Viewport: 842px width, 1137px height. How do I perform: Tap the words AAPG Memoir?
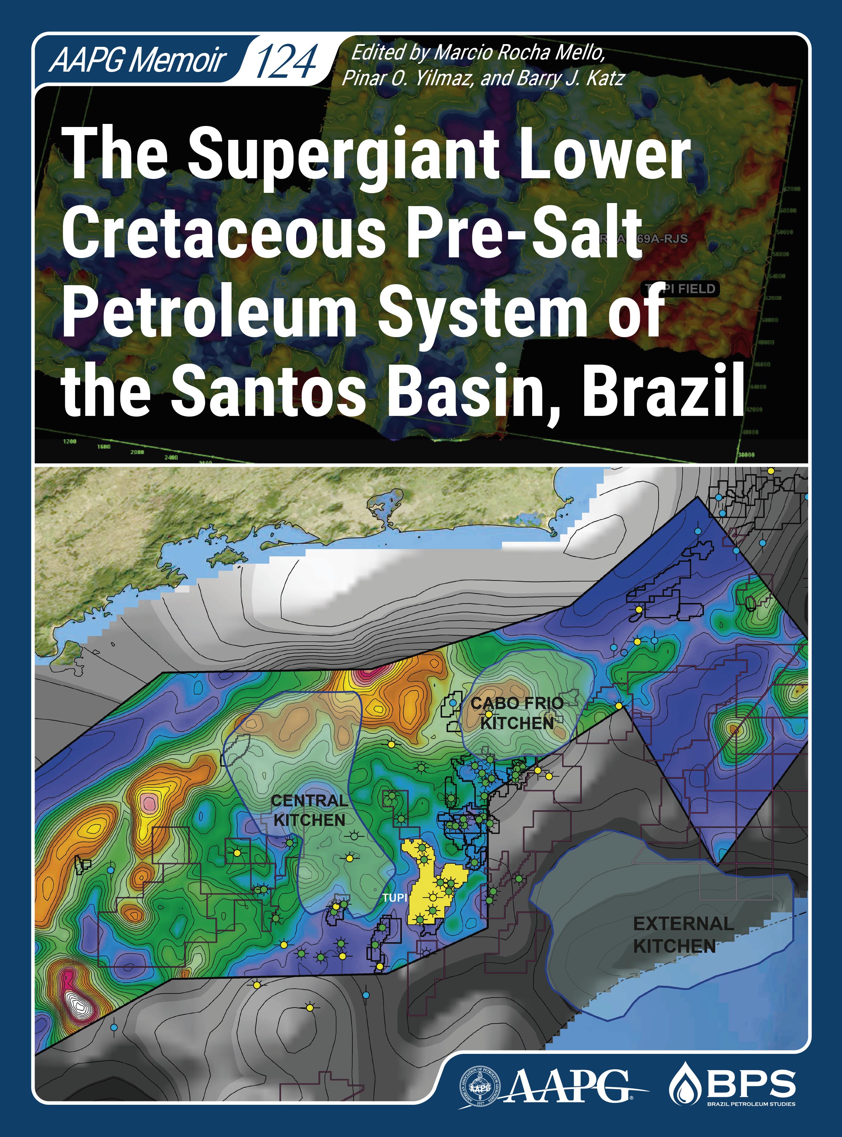click(138, 60)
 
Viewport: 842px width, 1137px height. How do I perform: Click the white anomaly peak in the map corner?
click(79, 1001)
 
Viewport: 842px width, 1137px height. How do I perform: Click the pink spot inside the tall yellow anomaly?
click(149, 803)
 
